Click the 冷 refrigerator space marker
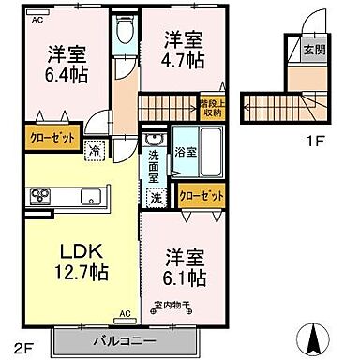click(x=95, y=148)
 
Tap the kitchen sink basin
click(x=92, y=196)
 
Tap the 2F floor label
click(x=21, y=341)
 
